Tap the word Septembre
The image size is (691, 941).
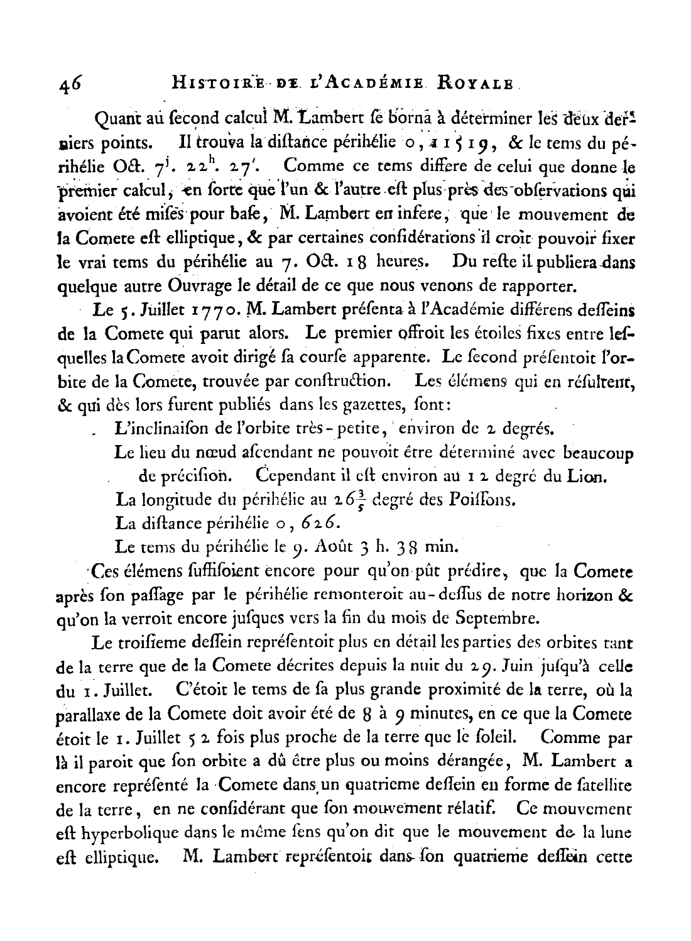(500, 619)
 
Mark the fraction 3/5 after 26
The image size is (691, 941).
(362, 501)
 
